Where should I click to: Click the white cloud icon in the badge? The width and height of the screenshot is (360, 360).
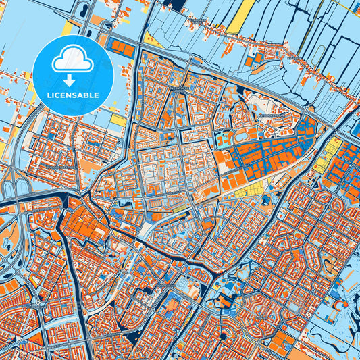72,60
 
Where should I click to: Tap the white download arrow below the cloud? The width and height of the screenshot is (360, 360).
72,72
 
